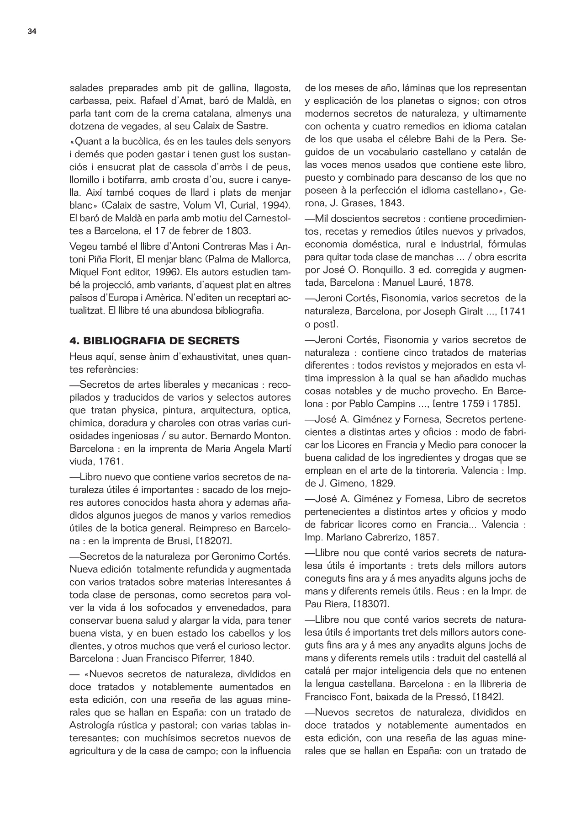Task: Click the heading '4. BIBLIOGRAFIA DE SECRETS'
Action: point(154,341)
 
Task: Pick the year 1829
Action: point(381,483)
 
